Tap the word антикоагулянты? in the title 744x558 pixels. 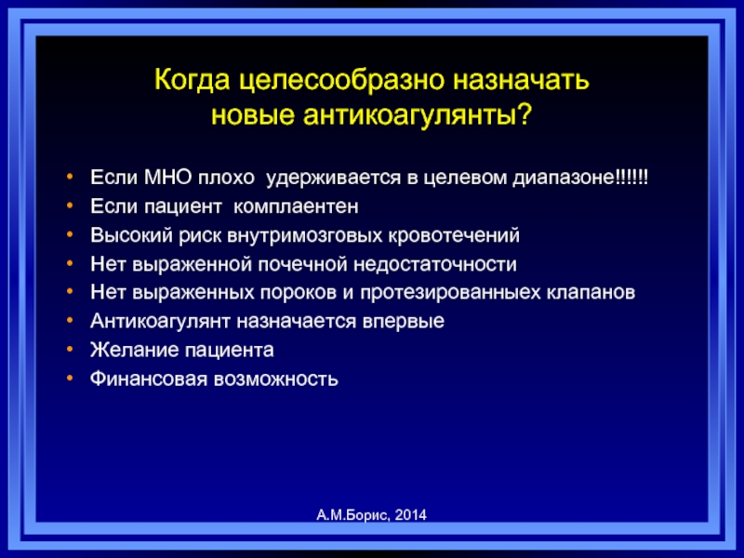tap(417, 114)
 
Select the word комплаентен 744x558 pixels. tap(296, 206)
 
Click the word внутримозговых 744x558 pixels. tap(305, 235)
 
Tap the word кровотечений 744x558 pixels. tap(454, 235)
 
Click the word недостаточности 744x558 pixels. tap(435, 264)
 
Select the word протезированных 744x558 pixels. tap(450, 292)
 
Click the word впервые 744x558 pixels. tap(404, 321)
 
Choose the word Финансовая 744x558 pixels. tap(149, 379)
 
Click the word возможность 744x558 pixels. tap(275, 379)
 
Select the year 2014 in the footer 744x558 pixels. tap(410, 515)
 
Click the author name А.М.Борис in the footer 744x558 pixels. tap(353, 515)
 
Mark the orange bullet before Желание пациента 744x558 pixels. tap(70, 350)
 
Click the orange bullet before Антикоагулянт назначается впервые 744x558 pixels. tap(70, 320)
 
